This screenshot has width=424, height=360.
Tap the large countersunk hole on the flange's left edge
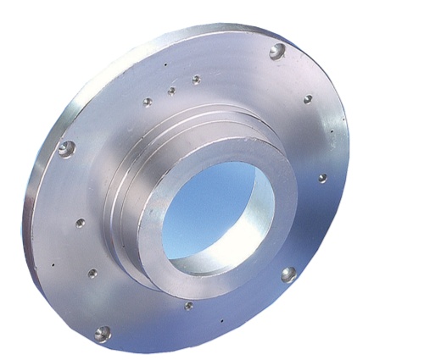pos(66,149)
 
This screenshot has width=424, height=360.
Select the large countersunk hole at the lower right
pos(288,274)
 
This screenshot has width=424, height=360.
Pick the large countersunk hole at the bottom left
pos(103,333)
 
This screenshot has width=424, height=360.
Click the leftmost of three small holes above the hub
pos(148,102)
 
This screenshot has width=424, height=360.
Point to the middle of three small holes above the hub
pos(171,91)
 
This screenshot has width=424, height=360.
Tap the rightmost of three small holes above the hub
pos(196,80)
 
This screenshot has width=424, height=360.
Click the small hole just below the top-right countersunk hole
pos(308,99)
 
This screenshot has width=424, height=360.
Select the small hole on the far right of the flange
pos(322,178)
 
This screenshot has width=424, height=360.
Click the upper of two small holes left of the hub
pos(81,224)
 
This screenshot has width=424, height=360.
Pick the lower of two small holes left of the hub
pos(92,274)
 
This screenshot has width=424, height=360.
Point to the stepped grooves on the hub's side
pos(127,195)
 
